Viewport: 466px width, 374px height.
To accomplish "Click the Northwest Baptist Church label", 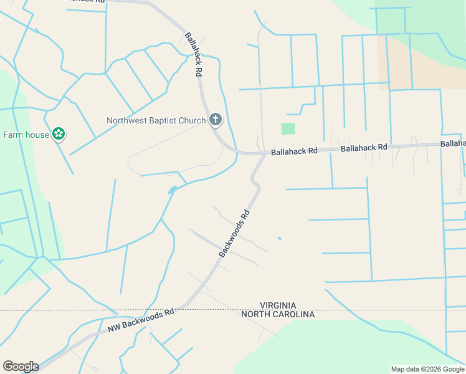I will [x=156, y=120].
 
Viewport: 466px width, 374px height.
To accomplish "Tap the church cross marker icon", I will [x=216, y=119].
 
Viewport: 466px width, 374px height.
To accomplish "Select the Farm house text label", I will [x=26, y=135].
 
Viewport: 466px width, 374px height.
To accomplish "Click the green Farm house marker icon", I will [x=59, y=133].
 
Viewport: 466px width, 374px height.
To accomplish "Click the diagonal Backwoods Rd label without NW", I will [x=235, y=234].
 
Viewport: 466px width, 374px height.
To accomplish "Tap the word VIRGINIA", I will [x=278, y=305].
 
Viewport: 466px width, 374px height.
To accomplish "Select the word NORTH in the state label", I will [x=254, y=314].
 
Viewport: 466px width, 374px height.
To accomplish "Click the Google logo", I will [x=20, y=367].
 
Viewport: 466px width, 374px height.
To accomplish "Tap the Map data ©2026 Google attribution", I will [x=427, y=369].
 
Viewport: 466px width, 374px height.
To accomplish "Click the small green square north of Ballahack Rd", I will [x=287, y=128].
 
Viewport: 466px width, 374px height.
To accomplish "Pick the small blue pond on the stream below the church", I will [x=172, y=189].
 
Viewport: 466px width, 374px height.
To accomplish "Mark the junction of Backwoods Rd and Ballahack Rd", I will [x=265, y=153].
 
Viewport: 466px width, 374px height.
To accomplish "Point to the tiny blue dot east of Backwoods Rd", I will [x=279, y=238].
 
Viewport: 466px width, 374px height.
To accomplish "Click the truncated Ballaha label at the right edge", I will [x=453, y=143].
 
